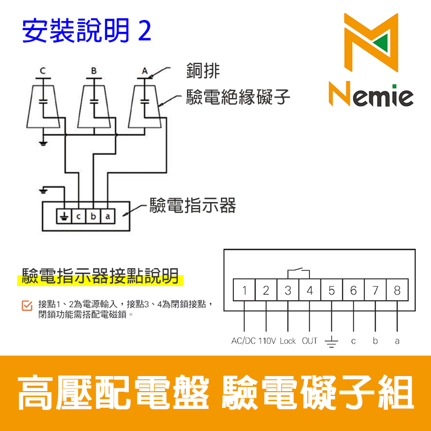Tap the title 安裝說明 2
click(86, 31)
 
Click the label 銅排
click(203, 71)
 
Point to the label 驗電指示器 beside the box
click(193, 205)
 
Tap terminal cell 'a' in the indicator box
click(108, 217)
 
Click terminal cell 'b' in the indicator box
click(93, 217)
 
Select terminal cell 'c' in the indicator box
click(79, 217)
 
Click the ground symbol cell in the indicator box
click(64, 217)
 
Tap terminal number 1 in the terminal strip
click(244, 290)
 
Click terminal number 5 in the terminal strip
click(331, 290)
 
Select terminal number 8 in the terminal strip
click(397, 290)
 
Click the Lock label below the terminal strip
click(288, 341)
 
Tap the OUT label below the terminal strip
click(310, 341)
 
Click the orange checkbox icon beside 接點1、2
click(26, 305)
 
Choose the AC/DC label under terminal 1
click(244, 341)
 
